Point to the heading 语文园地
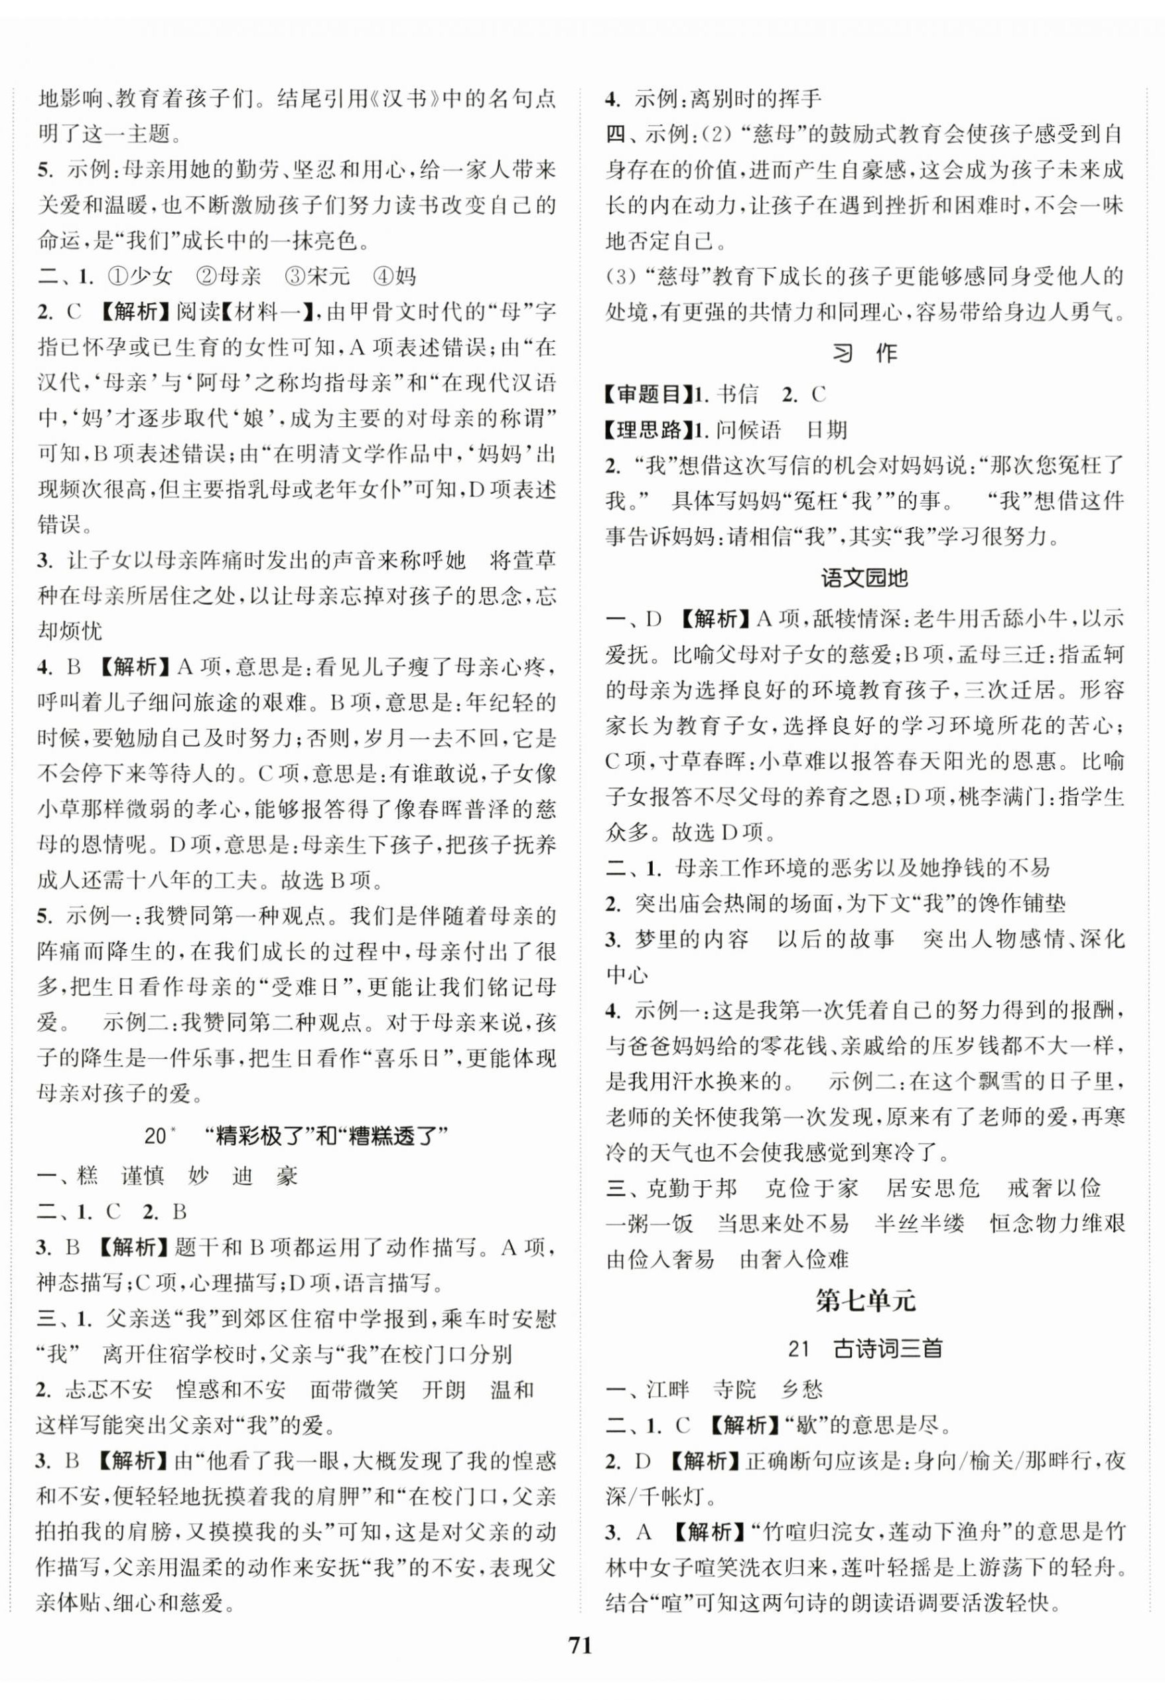[x=864, y=578]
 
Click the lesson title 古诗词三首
[x=887, y=1349]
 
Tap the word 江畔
[x=667, y=1389]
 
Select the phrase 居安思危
[x=932, y=1188]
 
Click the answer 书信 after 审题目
[x=738, y=395]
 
